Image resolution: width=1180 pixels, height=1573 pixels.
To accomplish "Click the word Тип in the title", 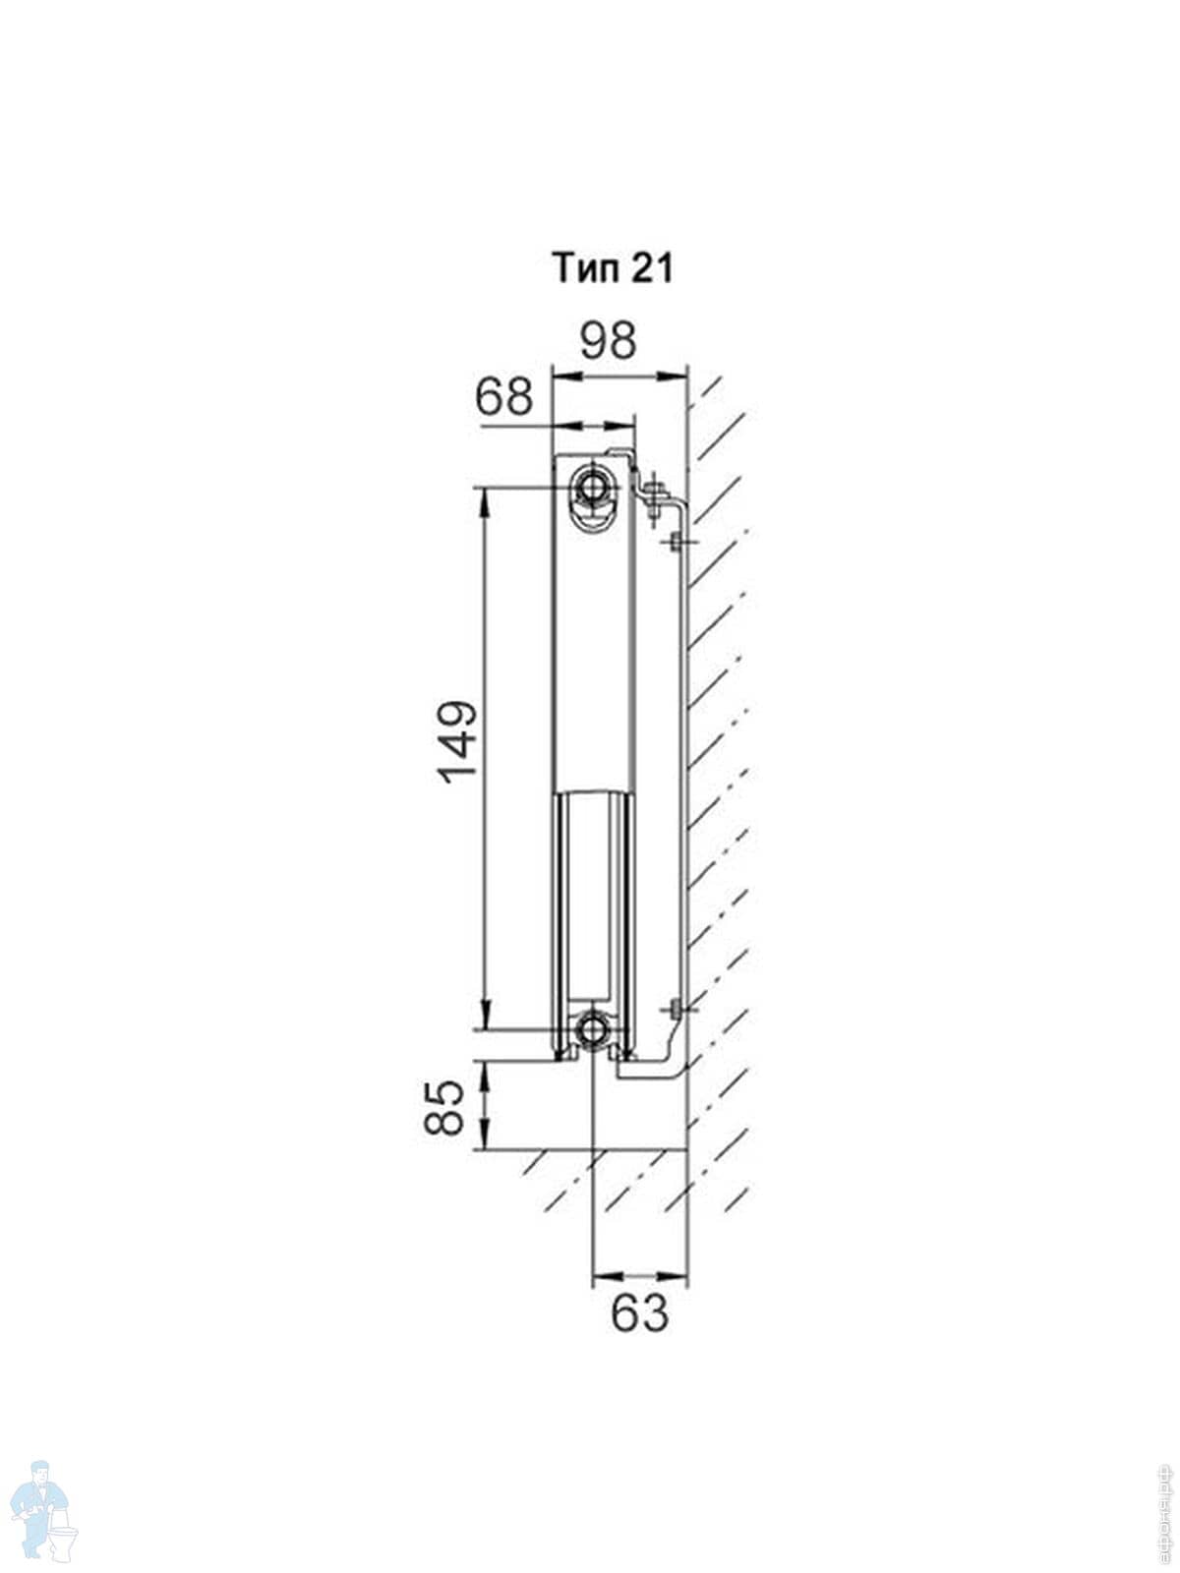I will (x=583, y=267).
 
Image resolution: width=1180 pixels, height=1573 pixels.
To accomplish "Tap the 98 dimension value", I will (x=608, y=340).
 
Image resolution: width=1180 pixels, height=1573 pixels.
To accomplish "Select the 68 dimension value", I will (x=503, y=397).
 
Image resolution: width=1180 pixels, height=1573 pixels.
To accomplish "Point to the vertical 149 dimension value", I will (x=458, y=741).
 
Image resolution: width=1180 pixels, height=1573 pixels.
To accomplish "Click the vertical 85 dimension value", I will (x=444, y=1107).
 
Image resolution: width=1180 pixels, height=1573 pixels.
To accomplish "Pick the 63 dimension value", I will (x=639, y=1312).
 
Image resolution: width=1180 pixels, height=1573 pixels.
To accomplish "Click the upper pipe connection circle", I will (x=593, y=486).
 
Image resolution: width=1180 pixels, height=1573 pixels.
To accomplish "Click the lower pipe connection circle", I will (x=593, y=1030).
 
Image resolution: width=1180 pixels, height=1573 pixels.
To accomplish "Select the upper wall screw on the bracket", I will (x=677, y=542).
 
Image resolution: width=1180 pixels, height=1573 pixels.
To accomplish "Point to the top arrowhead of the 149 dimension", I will (x=484, y=496).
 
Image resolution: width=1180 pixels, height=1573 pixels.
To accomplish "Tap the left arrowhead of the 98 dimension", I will (x=563, y=374).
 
